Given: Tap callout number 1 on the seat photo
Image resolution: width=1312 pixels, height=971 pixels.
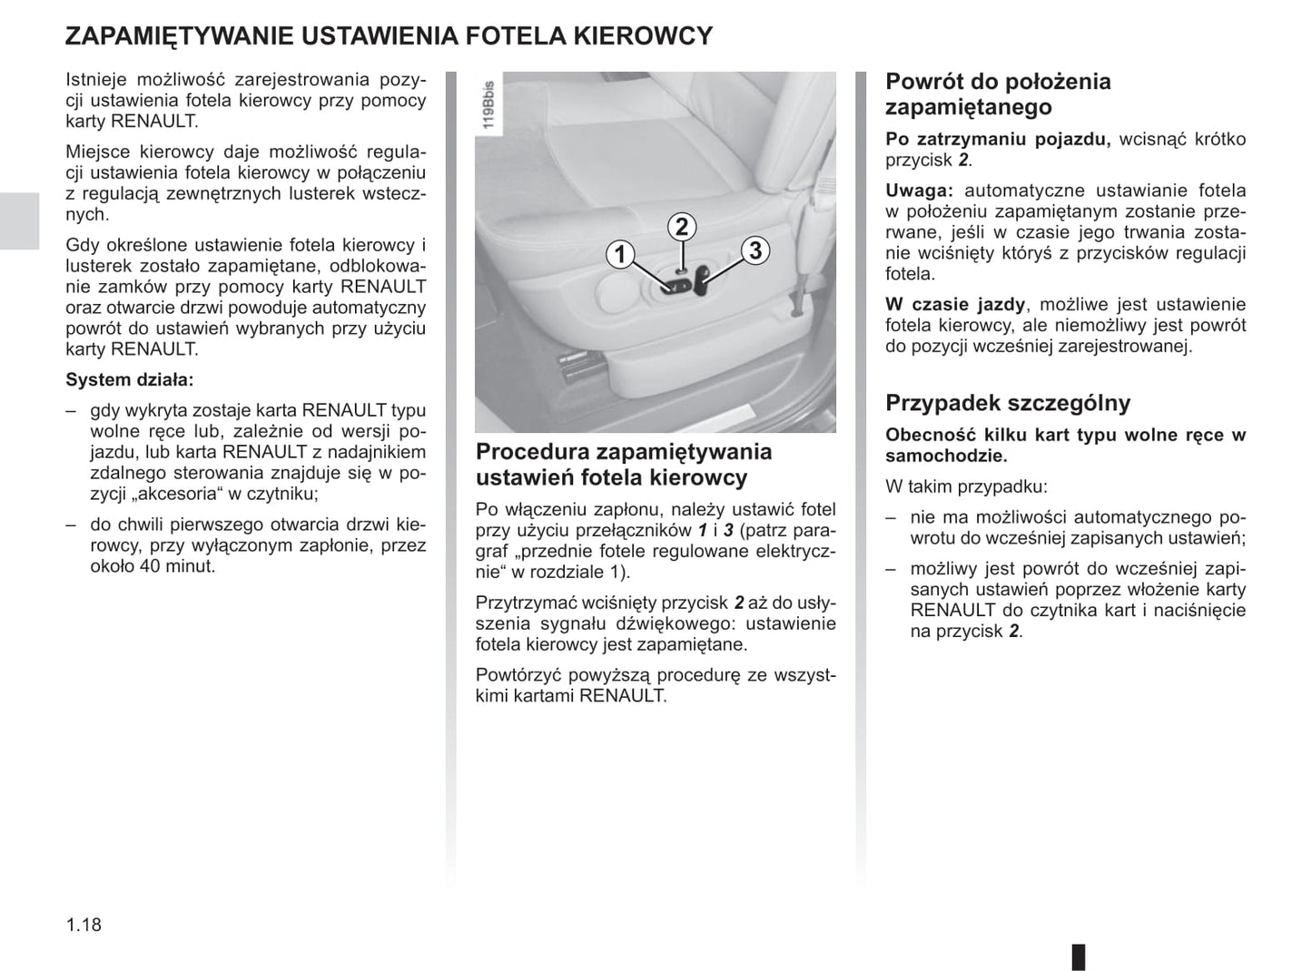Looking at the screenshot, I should pyautogui.click(x=621, y=254).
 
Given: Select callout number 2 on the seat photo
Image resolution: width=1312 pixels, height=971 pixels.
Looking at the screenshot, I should pyautogui.click(x=681, y=227).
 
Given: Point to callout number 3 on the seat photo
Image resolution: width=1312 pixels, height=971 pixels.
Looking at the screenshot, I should pyautogui.click(x=755, y=250).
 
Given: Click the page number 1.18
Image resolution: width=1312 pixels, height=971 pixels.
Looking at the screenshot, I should pyautogui.click(x=84, y=925).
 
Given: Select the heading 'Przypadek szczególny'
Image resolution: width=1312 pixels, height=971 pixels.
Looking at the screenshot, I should pyautogui.click(x=1008, y=403).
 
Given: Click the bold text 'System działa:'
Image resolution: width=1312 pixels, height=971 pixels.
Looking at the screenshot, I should pyautogui.click(x=130, y=379).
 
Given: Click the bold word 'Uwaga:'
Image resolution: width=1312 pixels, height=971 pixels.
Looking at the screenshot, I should pyautogui.click(x=919, y=191).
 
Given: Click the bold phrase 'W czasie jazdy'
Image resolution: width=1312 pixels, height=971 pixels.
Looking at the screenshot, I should pyautogui.click(x=955, y=305).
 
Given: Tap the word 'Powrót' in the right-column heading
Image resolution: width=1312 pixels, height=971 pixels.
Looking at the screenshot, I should pyautogui.click(x=924, y=82).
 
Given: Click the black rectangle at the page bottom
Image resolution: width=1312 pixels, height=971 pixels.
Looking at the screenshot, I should pyautogui.click(x=1079, y=956).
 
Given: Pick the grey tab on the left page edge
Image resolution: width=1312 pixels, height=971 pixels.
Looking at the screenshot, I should pyautogui.click(x=19, y=221).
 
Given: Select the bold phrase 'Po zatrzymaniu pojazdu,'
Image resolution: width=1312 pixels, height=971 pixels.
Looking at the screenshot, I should pyautogui.click(x=998, y=140).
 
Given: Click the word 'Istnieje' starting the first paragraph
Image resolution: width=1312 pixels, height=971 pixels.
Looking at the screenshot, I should pyautogui.click(x=96, y=80).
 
